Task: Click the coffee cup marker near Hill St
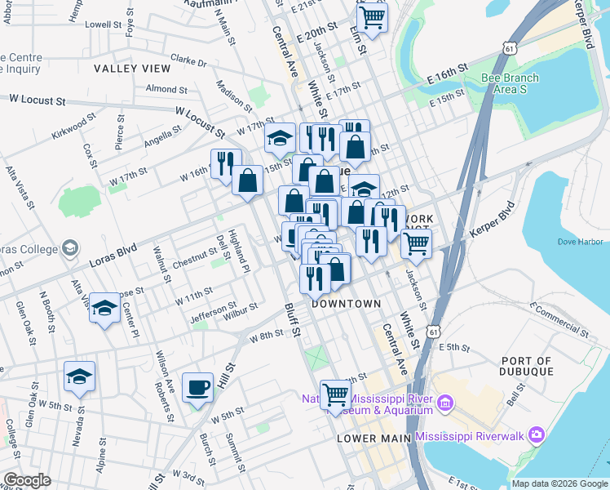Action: pos(197,387)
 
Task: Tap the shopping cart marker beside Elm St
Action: pos(372,16)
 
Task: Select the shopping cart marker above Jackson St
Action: pos(416,242)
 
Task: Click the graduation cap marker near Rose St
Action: pos(104,308)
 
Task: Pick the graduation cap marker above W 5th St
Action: pos(79,376)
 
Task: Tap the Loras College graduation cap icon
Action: pos(70,247)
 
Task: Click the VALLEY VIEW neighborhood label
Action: pos(132,69)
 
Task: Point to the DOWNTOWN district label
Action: pos(347,303)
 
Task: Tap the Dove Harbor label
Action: pos(580,242)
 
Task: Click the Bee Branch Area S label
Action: pos(510,83)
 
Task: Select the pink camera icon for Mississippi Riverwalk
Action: pos(536,434)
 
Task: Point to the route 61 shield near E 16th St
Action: pos(509,49)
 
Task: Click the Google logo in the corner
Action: pos(28,480)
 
